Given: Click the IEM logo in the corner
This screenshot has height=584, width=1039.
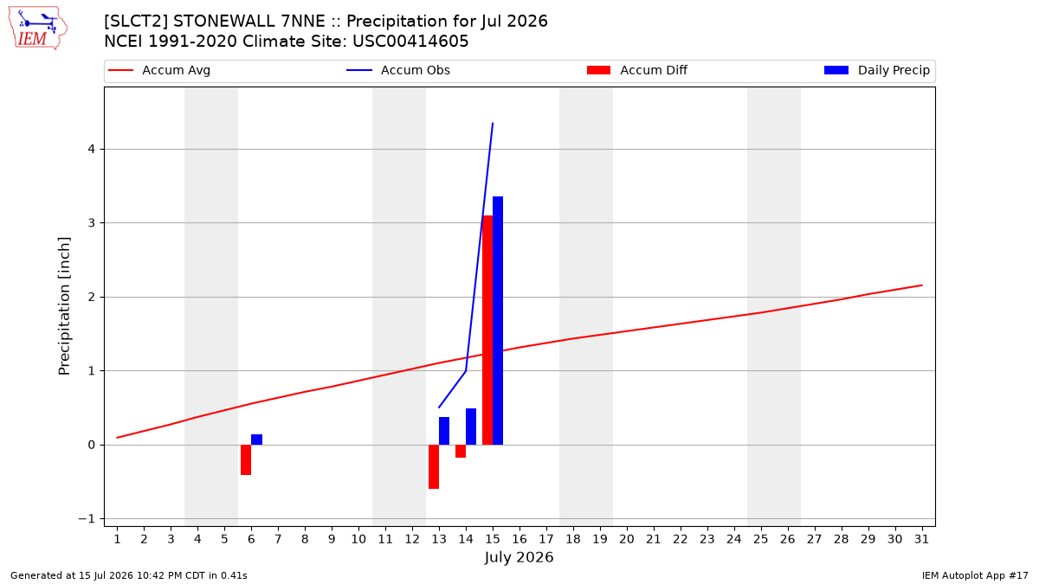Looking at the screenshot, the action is pyautogui.click(x=37, y=29).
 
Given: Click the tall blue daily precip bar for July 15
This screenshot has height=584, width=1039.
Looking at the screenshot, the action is pyautogui.click(x=498, y=321).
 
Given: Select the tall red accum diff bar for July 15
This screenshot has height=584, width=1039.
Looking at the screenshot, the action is pyautogui.click(x=487, y=330).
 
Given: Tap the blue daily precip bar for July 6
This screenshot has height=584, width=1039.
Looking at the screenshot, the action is pyautogui.click(x=256, y=440).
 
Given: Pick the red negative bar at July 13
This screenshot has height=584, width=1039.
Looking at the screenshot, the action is pyautogui.click(x=434, y=466).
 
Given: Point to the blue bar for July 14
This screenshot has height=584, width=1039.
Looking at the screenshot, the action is pyautogui.click(x=471, y=427).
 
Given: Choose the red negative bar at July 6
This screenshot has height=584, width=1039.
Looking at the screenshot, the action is pyautogui.click(x=246, y=459).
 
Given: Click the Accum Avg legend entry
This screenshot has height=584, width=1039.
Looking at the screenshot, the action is pyautogui.click(x=159, y=70).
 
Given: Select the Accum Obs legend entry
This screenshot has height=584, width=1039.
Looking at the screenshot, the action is pyautogui.click(x=398, y=70).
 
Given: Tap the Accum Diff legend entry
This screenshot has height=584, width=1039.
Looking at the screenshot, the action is pyautogui.click(x=637, y=70).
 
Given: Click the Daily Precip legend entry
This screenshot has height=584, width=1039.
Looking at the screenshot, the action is pyautogui.click(x=876, y=70).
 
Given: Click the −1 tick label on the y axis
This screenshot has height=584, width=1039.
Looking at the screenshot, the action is pyautogui.click(x=87, y=518).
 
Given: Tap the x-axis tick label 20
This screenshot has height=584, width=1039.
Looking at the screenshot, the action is pyautogui.click(x=627, y=539).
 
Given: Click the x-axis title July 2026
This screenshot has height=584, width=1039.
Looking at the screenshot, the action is pyautogui.click(x=519, y=557).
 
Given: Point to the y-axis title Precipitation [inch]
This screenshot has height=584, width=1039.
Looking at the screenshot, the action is pyautogui.click(x=64, y=306).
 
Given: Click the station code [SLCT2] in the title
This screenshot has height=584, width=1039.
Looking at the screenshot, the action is pyautogui.click(x=137, y=22).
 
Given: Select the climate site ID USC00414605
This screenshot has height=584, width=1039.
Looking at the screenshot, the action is pyautogui.click(x=410, y=42).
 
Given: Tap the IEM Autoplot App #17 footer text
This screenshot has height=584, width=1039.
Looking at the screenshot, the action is pyautogui.click(x=975, y=575).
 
